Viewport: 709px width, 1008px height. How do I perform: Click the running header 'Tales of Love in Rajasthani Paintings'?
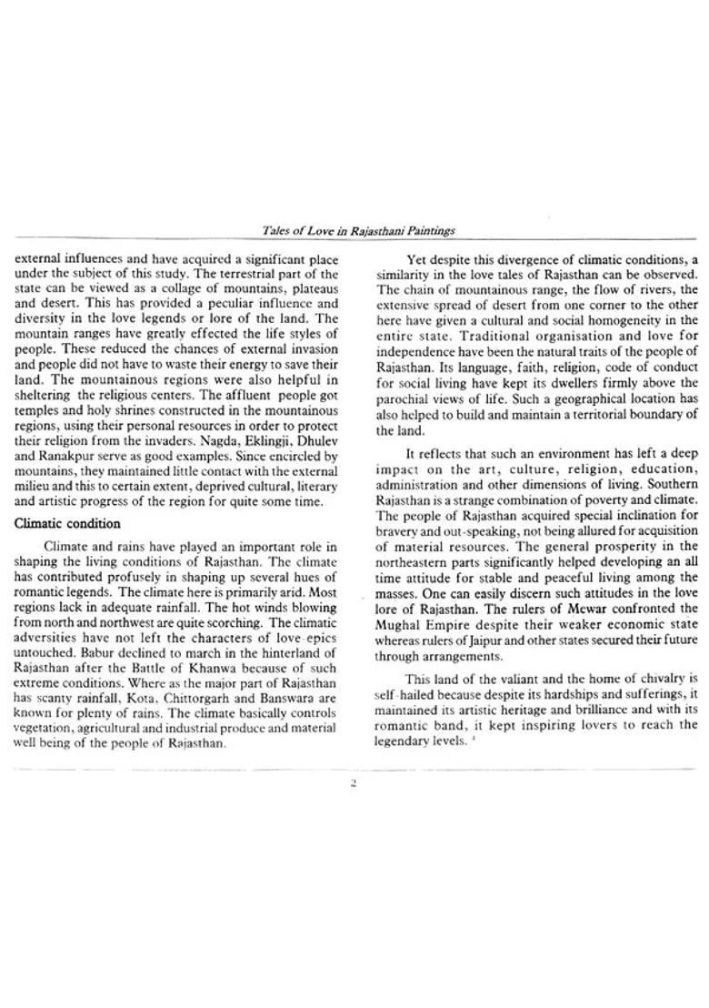[358, 232]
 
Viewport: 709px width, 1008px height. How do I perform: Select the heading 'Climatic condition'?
[67, 524]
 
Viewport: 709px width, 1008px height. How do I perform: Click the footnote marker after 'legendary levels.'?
[474, 739]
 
